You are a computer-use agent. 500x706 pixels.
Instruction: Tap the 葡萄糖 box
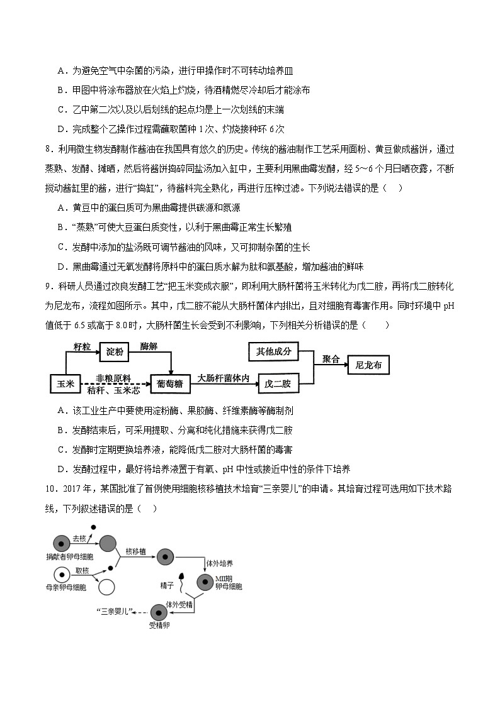(x=170, y=383)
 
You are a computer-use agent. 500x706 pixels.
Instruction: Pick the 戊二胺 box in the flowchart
(x=277, y=383)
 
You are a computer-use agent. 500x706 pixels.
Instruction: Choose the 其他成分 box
(x=273, y=351)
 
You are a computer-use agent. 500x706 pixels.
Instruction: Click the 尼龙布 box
(x=368, y=365)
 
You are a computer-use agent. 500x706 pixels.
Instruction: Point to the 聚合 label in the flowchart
(x=331, y=359)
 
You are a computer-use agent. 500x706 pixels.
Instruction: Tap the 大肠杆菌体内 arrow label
(x=224, y=378)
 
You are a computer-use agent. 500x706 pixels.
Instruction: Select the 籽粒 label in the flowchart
(x=82, y=346)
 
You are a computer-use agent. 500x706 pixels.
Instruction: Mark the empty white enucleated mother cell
(x=107, y=587)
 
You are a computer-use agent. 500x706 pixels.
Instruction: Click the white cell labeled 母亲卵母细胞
(x=61, y=573)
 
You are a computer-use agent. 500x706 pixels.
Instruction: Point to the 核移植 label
(x=136, y=551)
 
